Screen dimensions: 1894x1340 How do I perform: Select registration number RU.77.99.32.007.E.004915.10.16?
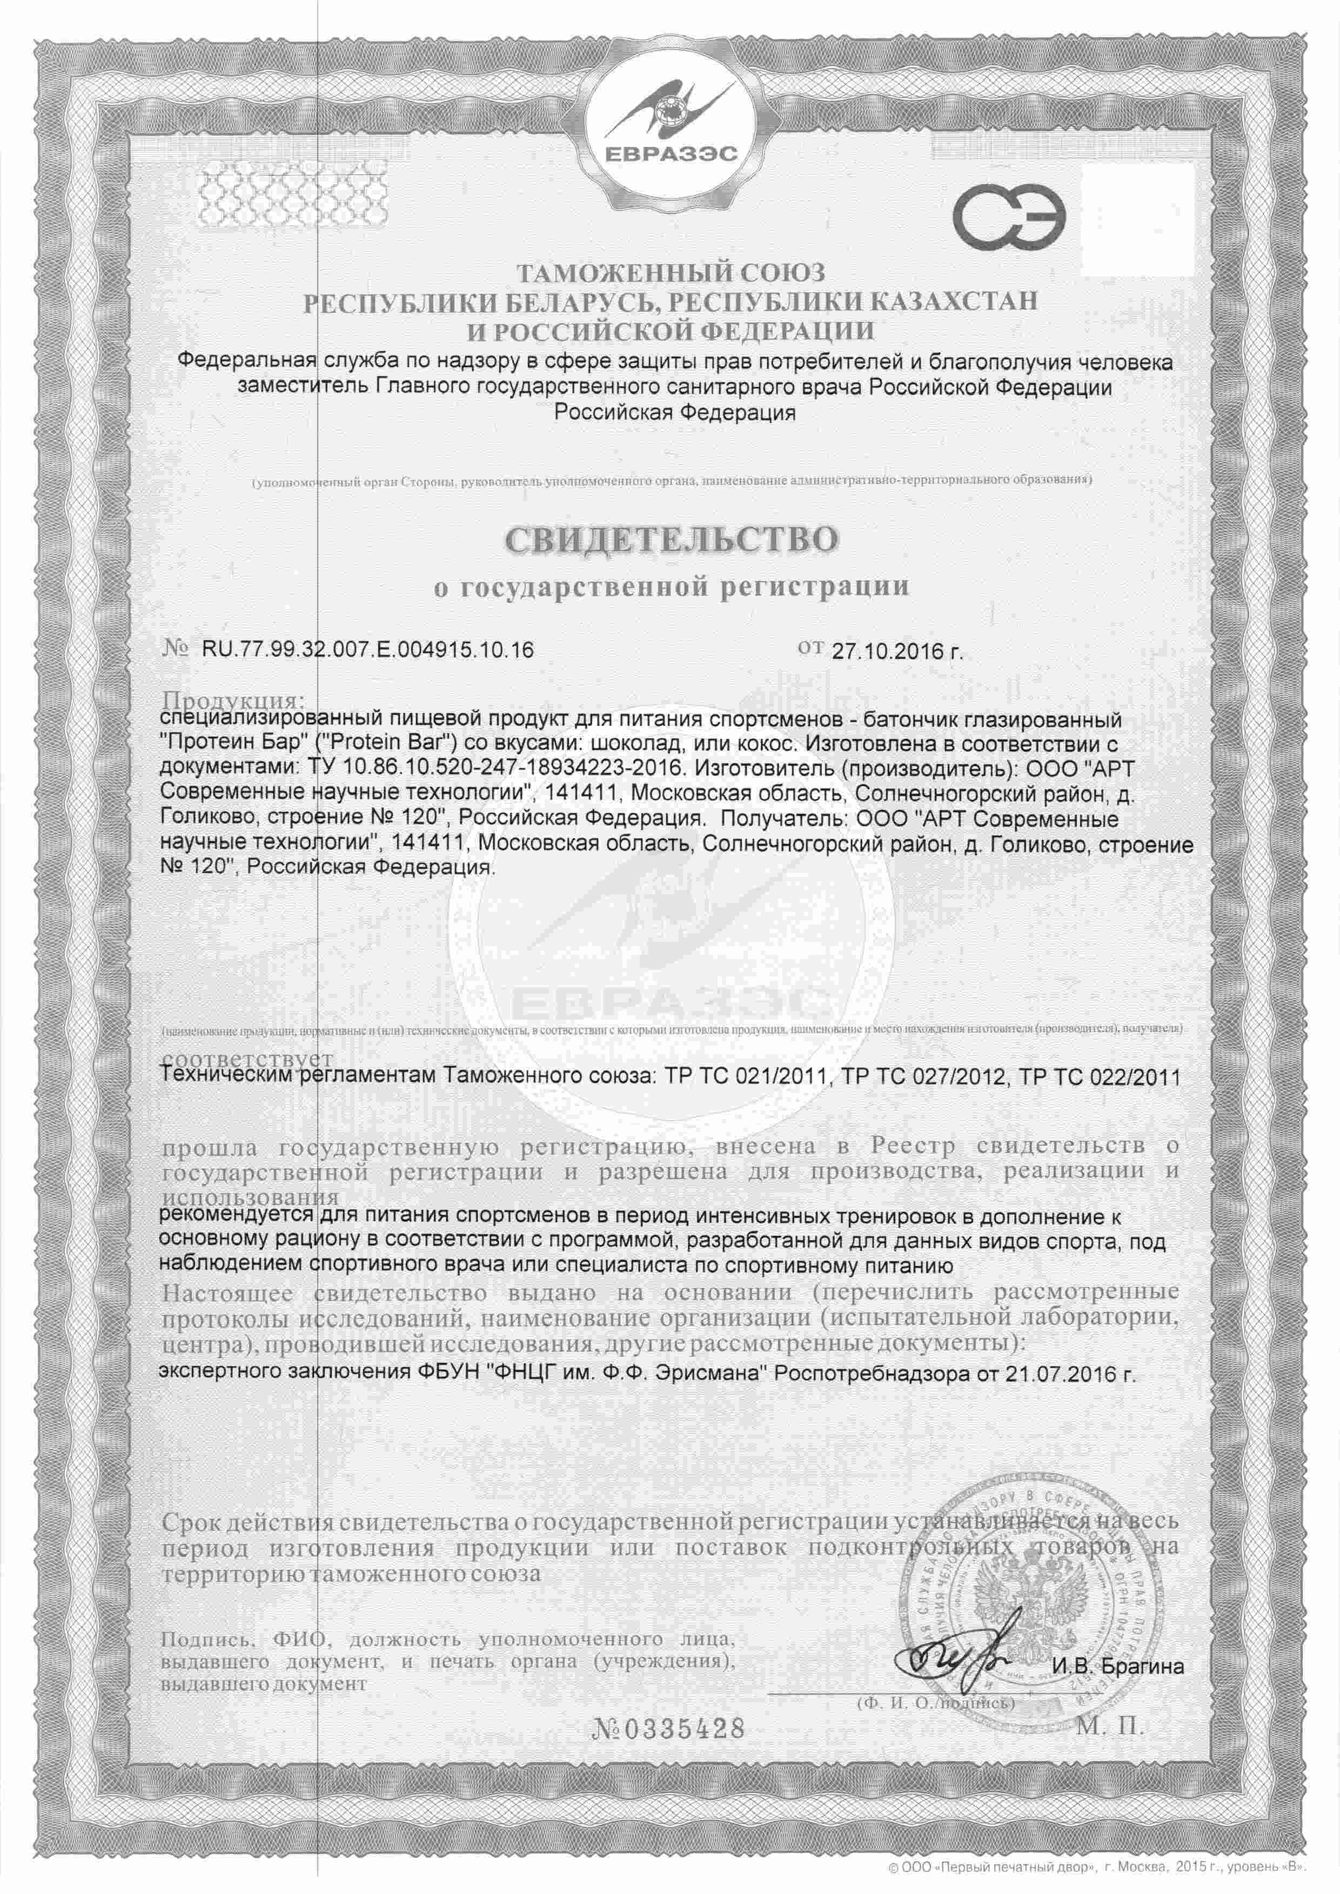(367, 650)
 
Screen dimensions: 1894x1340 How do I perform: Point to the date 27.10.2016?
(895, 651)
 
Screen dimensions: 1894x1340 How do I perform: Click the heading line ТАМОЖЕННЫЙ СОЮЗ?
(670, 273)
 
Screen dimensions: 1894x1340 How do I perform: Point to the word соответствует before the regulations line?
(247, 1059)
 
